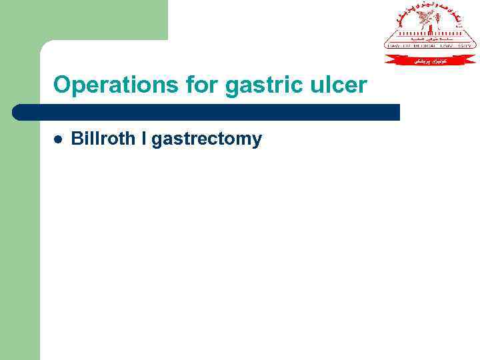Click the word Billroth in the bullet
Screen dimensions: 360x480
[108, 139]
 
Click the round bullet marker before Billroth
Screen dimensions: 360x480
[58, 140]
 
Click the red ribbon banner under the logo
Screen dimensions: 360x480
[431, 60]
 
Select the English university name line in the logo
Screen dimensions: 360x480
[431, 45]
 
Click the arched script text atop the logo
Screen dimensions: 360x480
[431, 9]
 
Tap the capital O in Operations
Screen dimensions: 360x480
[61, 85]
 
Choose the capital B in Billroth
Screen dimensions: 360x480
[77, 139]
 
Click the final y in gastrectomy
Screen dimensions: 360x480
[257, 142]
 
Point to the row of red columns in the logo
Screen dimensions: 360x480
[431, 33]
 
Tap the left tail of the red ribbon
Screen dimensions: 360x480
[391, 60]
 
